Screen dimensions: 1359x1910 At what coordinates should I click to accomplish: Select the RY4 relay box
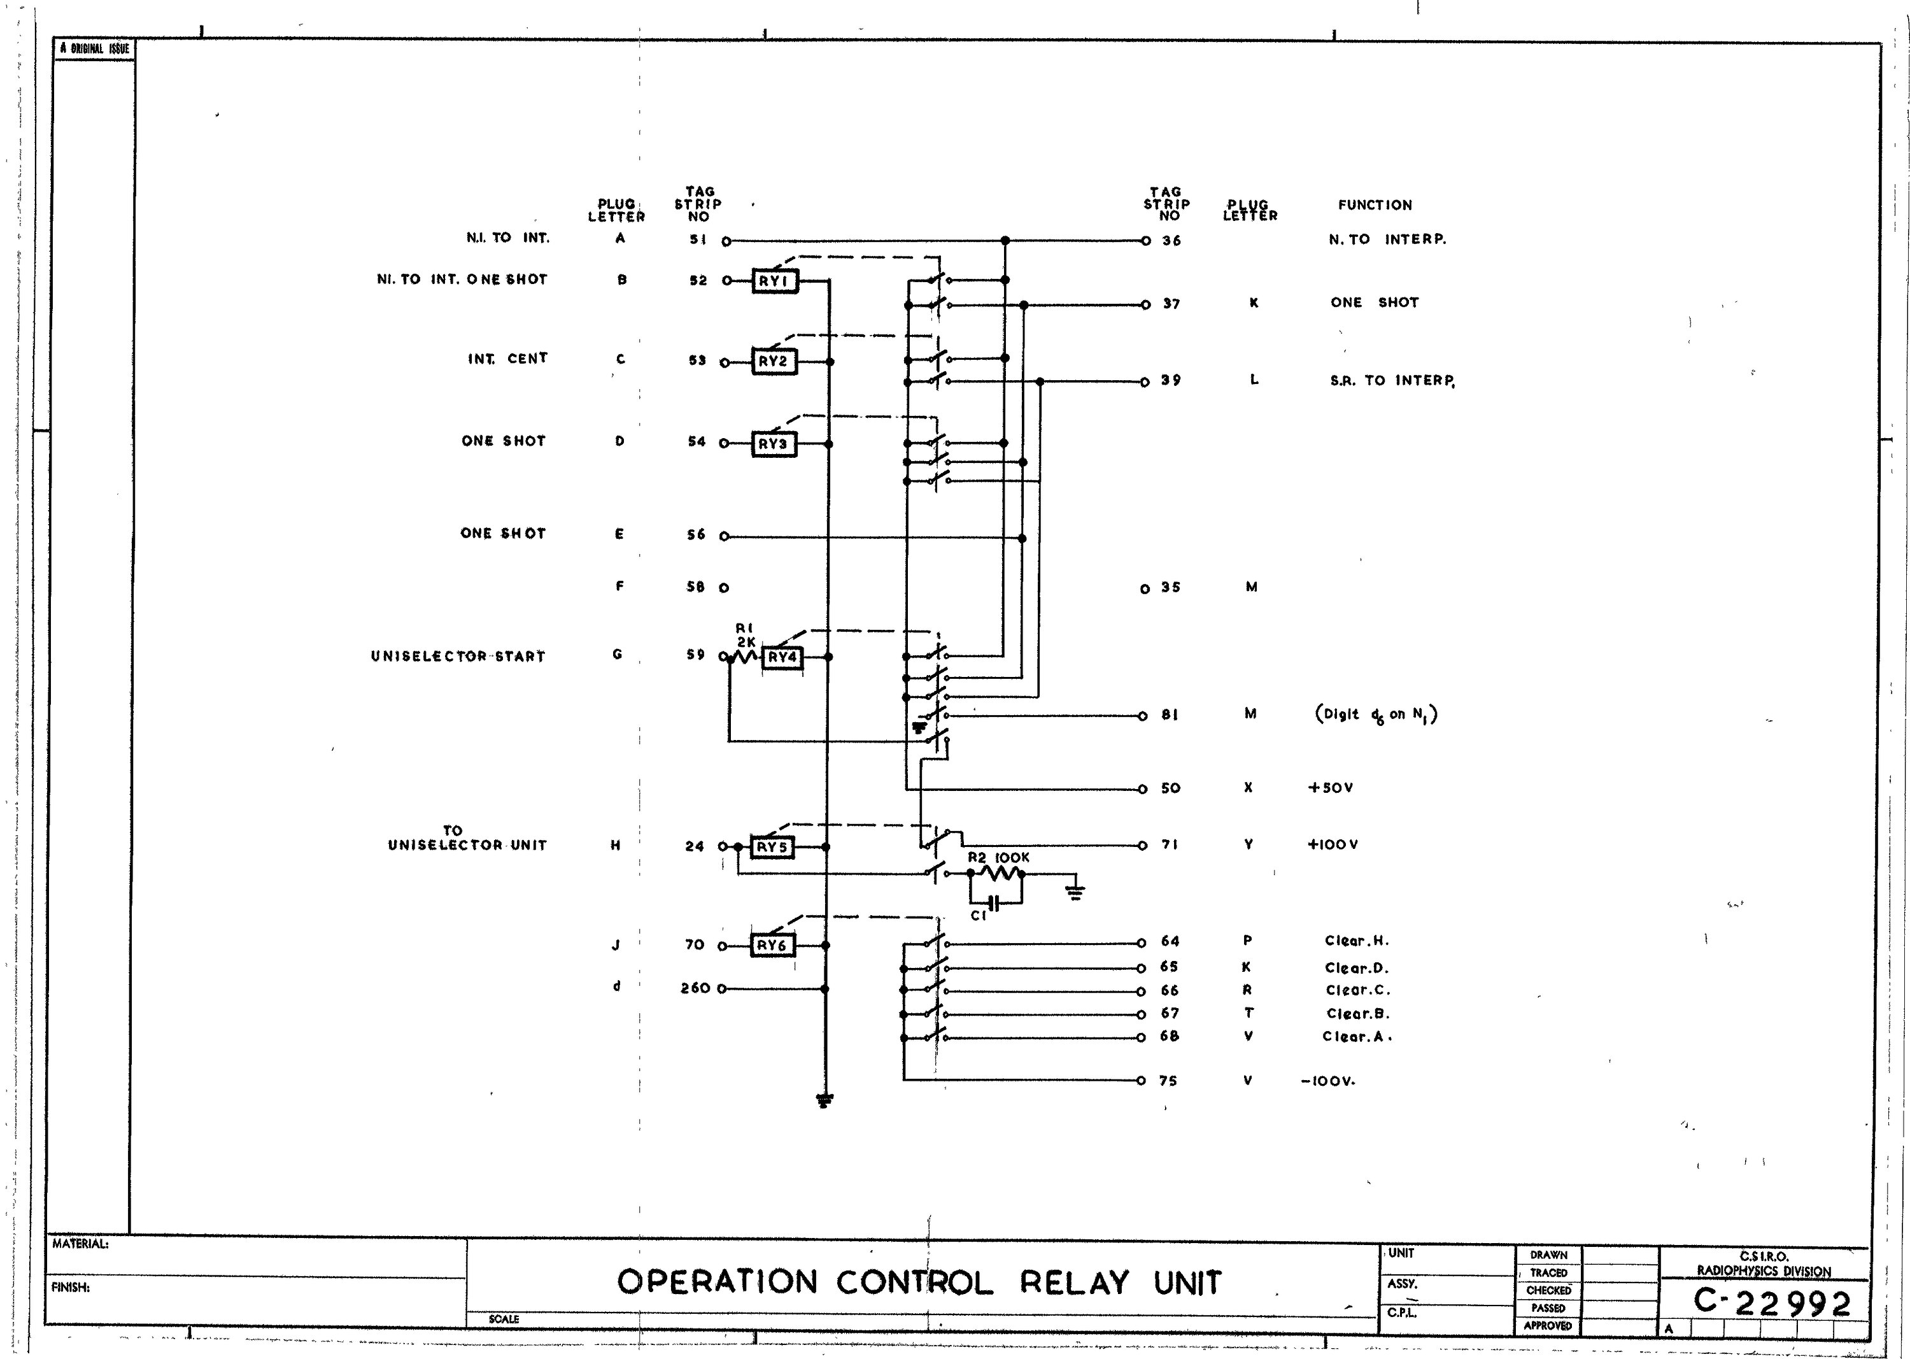[x=782, y=658]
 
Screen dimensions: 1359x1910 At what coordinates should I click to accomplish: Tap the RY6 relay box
[x=772, y=946]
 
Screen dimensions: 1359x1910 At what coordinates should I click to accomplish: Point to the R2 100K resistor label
[x=998, y=858]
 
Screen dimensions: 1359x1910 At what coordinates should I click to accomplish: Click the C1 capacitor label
[x=979, y=916]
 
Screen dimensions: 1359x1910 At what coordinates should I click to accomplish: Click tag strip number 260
[x=695, y=988]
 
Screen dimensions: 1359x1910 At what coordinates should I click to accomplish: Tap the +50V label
[x=1330, y=788]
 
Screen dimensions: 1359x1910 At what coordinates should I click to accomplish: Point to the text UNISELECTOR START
[x=458, y=656]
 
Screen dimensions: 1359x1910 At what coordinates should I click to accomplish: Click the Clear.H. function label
[x=1356, y=941]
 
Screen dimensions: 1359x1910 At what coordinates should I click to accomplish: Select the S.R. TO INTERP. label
[x=1391, y=381]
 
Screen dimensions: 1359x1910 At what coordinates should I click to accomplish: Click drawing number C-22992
[x=1772, y=1303]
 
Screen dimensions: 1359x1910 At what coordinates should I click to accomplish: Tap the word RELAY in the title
[x=1073, y=1282]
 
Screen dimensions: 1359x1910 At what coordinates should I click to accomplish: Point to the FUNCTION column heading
[x=1375, y=205]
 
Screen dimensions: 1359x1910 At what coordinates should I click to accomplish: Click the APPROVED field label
[x=1548, y=1325]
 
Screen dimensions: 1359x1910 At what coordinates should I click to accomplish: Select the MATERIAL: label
[x=80, y=1244]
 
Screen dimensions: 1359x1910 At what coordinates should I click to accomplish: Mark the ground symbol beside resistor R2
[x=1075, y=892]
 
